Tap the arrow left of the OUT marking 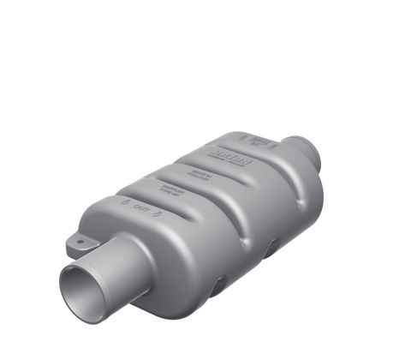tap(126, 202)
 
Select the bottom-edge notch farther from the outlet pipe tap(271, 249)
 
